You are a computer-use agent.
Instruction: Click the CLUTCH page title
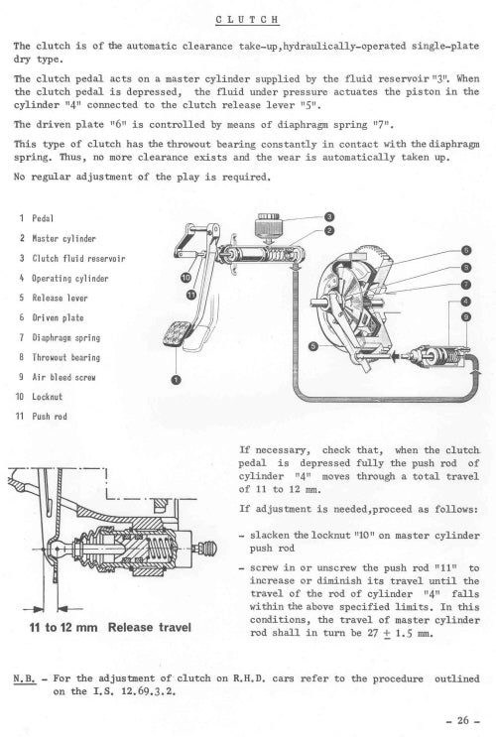click(x=247, y=20)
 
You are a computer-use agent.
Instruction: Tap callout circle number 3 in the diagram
click(x=329, y=216)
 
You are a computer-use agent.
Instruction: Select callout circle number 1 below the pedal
click(x=176, y=380)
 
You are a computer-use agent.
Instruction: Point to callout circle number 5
click(x=313, y=347)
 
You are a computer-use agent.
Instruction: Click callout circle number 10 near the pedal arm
click(x=186, y=278)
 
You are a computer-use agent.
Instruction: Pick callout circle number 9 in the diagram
click(x=465, y=316)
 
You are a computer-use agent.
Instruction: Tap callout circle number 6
click(x=466, y=250)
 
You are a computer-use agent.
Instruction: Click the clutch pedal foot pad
click(x=178, y=333)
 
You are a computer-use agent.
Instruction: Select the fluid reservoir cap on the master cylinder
click(x=269, y=225)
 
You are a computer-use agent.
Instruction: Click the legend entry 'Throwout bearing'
click(x=66, y=357)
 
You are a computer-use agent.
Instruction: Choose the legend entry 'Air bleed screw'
click(x=63, y=377)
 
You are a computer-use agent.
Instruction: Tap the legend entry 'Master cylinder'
click(x=63, y=239)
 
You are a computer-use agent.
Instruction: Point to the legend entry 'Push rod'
click(x=50, y=417)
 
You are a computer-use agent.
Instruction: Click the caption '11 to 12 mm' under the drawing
click(x=63, y=628)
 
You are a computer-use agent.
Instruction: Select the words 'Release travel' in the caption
click(x=150, y=628)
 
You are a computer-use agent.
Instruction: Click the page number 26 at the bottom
click(x=462, y=720)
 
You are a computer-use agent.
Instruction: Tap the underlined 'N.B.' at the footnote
click(x=25, y=678)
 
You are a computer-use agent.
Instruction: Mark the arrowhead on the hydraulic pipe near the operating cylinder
click(x=478, y=372)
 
